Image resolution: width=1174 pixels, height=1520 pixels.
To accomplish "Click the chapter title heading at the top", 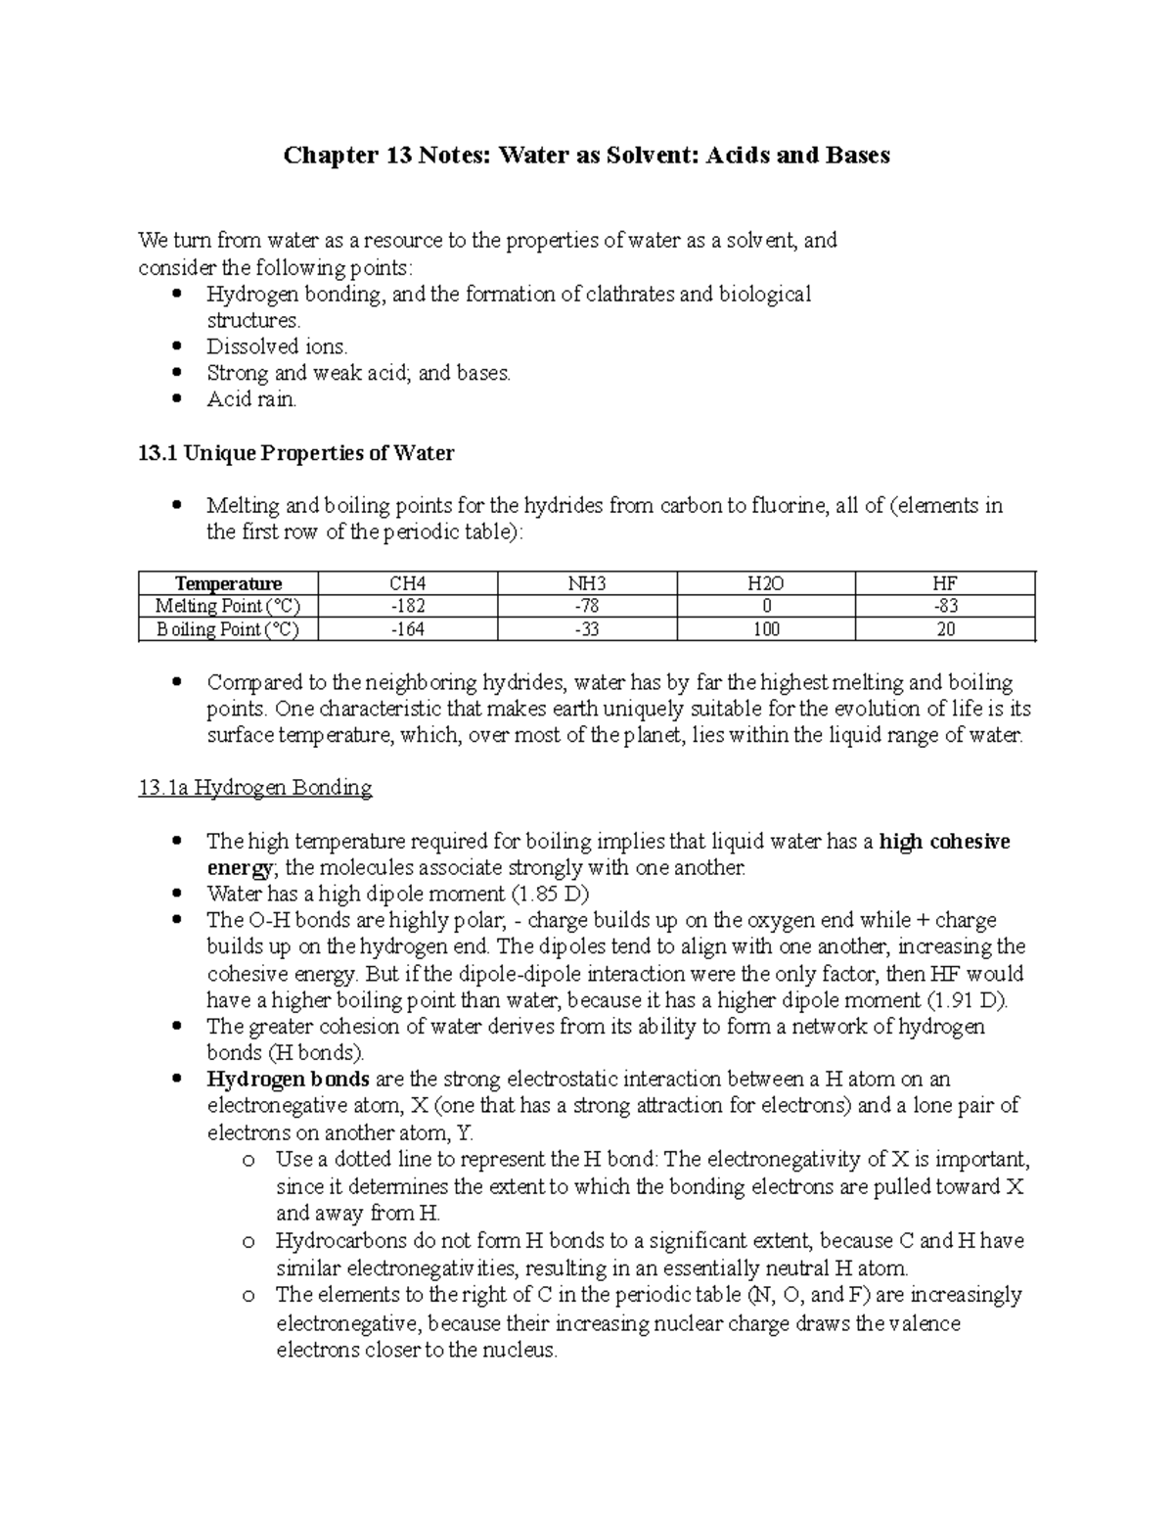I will [586, 156].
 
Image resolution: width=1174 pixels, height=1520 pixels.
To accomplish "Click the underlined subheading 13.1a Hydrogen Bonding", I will [255, 788].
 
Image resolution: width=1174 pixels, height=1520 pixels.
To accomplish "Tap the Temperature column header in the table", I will [228, 584].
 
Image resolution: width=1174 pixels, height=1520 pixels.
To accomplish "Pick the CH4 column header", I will [407, 584].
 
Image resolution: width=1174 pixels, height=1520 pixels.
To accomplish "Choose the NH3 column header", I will [586, 584].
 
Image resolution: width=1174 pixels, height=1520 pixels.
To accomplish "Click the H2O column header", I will [765, 584].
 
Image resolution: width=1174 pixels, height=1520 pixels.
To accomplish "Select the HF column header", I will [944, 584].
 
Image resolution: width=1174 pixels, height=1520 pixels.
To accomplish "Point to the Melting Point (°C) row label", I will [228, 607].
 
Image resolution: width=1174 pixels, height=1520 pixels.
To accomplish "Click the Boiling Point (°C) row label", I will [228, 629].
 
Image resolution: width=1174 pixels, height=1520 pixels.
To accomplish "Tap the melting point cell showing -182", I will [407, 607].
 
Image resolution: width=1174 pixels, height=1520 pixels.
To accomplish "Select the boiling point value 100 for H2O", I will [765, 629].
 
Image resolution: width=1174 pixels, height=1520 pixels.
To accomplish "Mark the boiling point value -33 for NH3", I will [586, 629].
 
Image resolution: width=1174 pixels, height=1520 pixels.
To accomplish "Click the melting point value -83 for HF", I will [944, 607].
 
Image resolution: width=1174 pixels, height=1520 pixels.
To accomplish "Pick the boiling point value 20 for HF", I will [944, 629].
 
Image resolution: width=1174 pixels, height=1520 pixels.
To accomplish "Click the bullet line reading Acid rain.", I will [251, 399].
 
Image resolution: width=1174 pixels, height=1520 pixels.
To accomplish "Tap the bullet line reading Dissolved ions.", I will [277, 346].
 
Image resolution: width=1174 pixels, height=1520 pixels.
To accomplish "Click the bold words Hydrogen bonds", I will [288, 1080].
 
